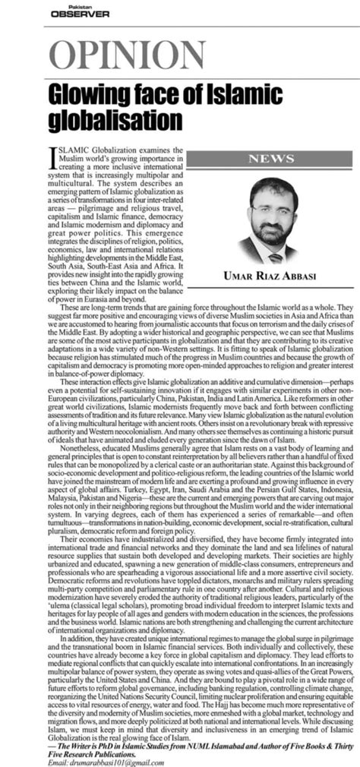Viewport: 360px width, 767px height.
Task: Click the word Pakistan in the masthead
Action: [62, 5]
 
